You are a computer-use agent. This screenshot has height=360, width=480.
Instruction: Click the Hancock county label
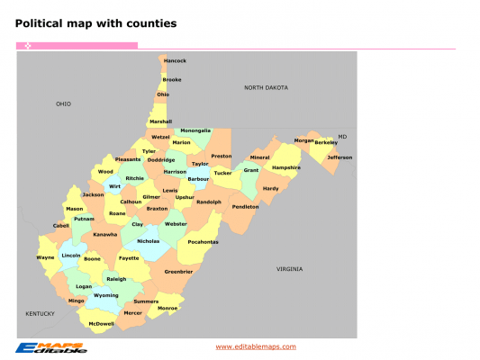coord(175,61)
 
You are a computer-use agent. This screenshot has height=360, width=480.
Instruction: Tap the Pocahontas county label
coord(203,241)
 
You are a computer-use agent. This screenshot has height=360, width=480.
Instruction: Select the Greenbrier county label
coord(178,271)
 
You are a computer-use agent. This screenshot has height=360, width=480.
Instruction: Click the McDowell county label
coord(101,323)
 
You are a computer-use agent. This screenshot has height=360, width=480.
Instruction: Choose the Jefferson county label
coord(340,157)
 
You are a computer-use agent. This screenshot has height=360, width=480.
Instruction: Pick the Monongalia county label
coord(195,130)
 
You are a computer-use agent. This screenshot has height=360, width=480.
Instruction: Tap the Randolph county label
coord(208,202)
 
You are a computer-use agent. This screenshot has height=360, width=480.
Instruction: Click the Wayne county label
coord(45,257)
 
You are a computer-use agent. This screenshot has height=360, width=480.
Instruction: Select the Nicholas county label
coord(148,241)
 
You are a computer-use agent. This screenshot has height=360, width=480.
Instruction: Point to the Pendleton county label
coord(245,206)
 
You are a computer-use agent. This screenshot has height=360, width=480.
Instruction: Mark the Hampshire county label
coord(286,167)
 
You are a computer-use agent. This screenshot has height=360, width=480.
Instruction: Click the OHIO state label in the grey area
coord(63,104)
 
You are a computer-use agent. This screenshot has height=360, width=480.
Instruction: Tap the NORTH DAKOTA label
coord(266,88)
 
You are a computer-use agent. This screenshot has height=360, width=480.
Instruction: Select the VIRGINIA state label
coord(290,269)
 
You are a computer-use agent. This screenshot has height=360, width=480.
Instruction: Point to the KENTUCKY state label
coord(41,313)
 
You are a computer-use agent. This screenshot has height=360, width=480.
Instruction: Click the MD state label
coord(342,137)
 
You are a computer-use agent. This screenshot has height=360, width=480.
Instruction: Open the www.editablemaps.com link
coord(256,346)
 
